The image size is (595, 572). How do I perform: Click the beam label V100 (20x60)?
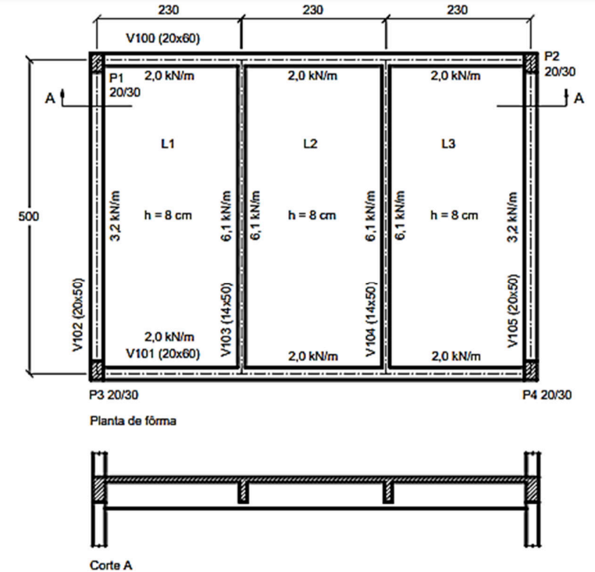click(162, 38)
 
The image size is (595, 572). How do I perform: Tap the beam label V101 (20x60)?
click(162, 354)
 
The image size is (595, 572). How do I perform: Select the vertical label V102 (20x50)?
click(78, 314)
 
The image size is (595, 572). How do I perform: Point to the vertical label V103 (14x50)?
click(226, 319)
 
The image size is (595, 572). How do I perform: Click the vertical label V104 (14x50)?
click(371, 319)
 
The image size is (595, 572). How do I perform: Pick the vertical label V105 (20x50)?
click(513, 311)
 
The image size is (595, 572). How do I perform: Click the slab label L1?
click(168, 144)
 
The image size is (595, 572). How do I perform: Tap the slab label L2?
click(310, 144)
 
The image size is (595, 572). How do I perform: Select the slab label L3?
click(448, 144)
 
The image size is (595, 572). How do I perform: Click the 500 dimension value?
click(29, 216)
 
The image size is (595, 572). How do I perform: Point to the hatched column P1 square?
click(97, 63)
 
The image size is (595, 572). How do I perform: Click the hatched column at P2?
click(530, 63)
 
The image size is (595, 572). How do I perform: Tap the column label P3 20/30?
click(113, 395)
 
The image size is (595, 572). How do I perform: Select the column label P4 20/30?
click(547, 395)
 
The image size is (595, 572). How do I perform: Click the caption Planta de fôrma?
click(133, 421)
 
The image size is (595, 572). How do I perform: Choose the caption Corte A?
click(111, 565)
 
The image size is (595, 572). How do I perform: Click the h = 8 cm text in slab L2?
click(312, 216)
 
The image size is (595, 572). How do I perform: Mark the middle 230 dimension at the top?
click(312, 9)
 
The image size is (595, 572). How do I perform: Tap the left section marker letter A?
click(50, 98)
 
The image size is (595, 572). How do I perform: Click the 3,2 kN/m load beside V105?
click(513, 217)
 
